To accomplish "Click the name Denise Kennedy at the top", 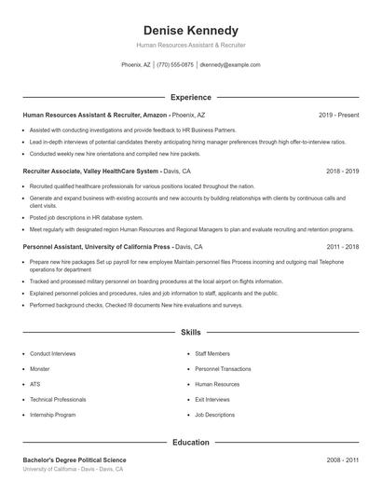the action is point(191,30).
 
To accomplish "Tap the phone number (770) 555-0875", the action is point(175,65).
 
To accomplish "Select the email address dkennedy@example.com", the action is point(230,65).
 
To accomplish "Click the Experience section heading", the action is point(191,97).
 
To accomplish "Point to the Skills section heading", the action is point(191,332).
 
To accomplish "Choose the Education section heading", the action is point(191,442).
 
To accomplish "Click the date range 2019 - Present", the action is point(338,115).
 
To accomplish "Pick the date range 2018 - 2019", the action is point(342,172).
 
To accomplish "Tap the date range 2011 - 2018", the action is point(342,247).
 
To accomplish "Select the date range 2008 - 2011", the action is point(342,460).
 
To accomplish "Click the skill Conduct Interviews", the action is point(53,354).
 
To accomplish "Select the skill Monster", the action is point(40,369).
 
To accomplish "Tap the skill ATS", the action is point(35,384).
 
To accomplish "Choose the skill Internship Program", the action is point(53,414).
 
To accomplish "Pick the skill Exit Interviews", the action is point(213,399).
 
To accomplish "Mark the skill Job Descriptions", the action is point(215,414).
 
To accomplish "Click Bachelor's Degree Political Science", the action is point(75,460).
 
